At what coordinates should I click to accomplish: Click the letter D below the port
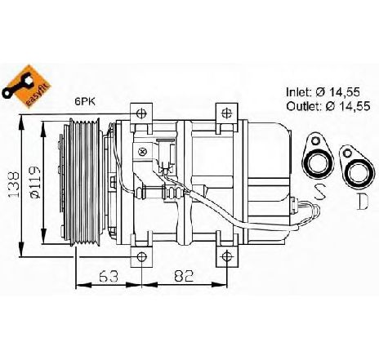(360, 198)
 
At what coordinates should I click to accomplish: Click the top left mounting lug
(142, 113)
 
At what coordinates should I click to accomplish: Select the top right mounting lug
(225, 113)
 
